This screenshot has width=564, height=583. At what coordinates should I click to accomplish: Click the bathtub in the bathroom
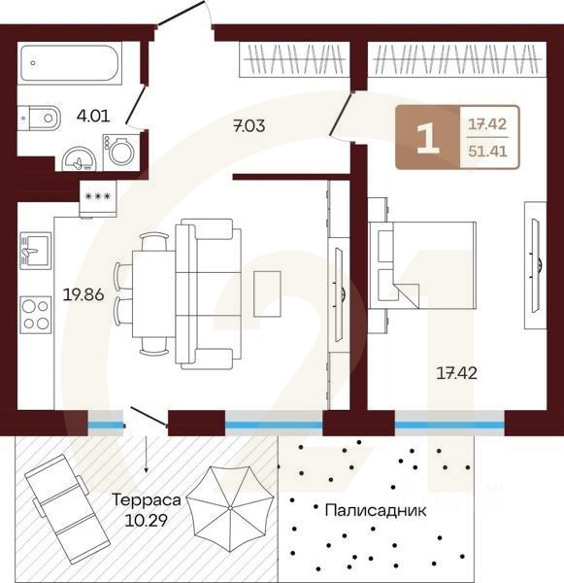[70, 63]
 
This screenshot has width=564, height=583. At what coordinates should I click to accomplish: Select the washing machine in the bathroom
[120, 150]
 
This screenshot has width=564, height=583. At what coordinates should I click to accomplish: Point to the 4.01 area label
[93, 117]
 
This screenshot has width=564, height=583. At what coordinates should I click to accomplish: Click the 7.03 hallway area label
[249, 126]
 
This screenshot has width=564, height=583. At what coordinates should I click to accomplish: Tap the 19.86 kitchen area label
[83, 294]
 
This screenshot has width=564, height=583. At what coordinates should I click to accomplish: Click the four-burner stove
[36, 315]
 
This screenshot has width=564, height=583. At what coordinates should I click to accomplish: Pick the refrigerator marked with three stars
[98, 198]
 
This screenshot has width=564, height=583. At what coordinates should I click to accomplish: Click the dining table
[153, 294]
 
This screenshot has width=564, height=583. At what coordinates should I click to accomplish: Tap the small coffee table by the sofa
[267, 294]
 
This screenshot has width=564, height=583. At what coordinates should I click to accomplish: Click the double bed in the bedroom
[422, 265]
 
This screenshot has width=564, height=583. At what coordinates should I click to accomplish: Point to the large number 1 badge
[428, 138]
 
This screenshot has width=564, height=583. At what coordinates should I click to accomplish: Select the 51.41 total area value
[488, 152]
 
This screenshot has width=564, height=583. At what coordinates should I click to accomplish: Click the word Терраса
[146, 499]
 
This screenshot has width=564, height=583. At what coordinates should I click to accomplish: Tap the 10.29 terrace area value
[146, 520]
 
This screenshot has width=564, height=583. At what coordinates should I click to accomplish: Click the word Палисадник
[376, 511]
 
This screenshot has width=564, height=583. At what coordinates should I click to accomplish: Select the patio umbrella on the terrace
[230, 507]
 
